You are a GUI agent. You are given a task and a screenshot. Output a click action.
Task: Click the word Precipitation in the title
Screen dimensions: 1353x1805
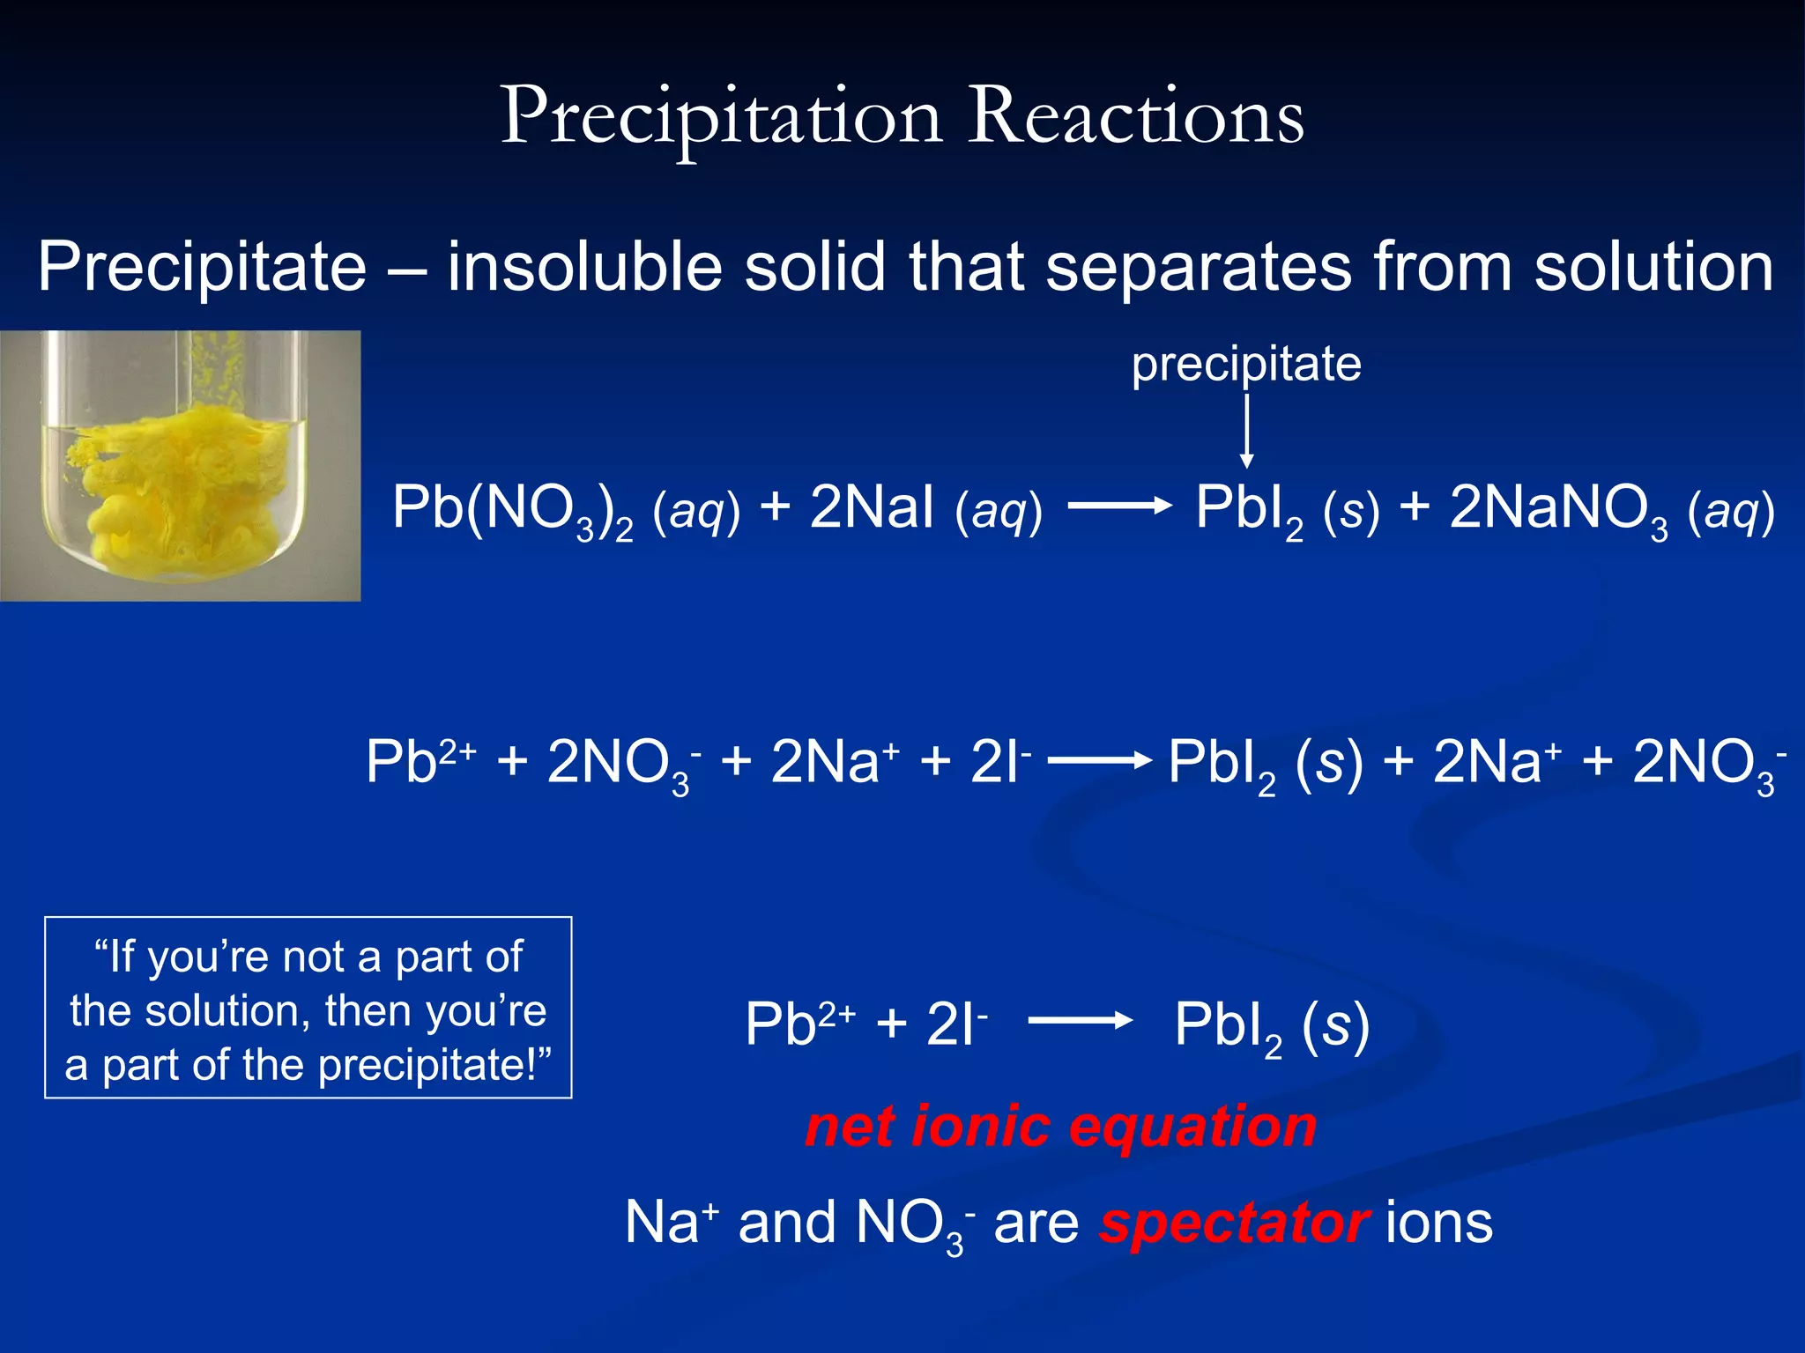721,117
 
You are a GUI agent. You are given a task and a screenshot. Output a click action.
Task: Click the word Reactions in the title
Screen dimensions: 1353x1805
1136,117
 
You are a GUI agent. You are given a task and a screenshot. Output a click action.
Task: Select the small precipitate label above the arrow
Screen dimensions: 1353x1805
1246,364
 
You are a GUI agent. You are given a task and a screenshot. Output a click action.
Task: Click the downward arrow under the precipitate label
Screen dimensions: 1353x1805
1246,432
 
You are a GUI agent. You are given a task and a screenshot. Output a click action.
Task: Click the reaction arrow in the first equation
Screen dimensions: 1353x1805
1119,506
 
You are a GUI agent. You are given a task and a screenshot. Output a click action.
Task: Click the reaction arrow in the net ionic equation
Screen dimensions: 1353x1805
1081,1021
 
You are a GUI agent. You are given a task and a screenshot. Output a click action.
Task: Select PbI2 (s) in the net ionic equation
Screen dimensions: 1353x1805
1271,1025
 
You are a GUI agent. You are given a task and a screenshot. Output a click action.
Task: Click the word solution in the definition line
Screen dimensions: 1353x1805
1653,267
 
